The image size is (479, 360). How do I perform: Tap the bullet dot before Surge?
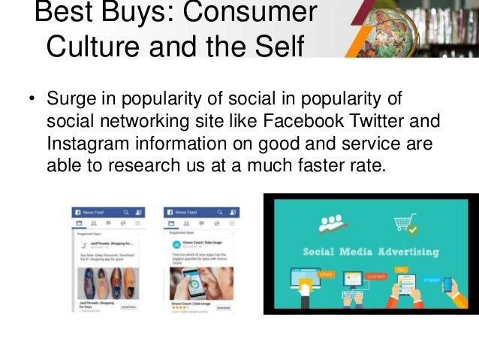point(32,101)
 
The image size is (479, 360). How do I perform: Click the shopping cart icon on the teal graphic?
point(406,224)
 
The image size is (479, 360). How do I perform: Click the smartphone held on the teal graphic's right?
point(447,287)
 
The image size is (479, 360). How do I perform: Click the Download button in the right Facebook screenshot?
point(224,308)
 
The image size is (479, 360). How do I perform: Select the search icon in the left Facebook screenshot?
point(127,213)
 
